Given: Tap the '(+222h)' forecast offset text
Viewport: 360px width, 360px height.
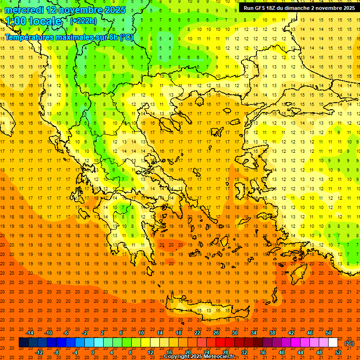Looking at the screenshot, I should (x=83, y=21).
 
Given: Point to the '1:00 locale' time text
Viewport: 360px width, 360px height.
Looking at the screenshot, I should (x=33, y=21).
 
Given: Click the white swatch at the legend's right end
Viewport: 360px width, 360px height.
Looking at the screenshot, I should (x=333, y=343).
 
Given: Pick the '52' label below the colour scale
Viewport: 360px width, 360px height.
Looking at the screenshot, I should (x=338, y=352).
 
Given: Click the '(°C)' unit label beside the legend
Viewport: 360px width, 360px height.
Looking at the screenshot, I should (x=349, y=343).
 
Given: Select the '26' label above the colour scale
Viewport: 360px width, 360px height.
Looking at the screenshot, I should (x=216, y=333).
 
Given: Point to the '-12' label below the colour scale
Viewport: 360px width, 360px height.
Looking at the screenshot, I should (x=39, y=352).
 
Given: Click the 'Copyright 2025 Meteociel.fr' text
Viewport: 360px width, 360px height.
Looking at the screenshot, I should (x=199, y=357).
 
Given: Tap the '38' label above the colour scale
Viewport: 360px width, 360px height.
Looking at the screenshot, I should (x=272, y=333).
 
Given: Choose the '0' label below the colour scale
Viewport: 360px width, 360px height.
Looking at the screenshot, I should (x=93, y=352).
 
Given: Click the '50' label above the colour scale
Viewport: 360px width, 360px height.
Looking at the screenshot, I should (x=329, y=333).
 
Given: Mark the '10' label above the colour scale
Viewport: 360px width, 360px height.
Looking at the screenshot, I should (x=141, y=333).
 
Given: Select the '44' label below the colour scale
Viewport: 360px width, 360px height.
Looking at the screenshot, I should (x=300, y=352).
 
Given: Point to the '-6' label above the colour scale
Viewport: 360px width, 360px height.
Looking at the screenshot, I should (x=66, y=333).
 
